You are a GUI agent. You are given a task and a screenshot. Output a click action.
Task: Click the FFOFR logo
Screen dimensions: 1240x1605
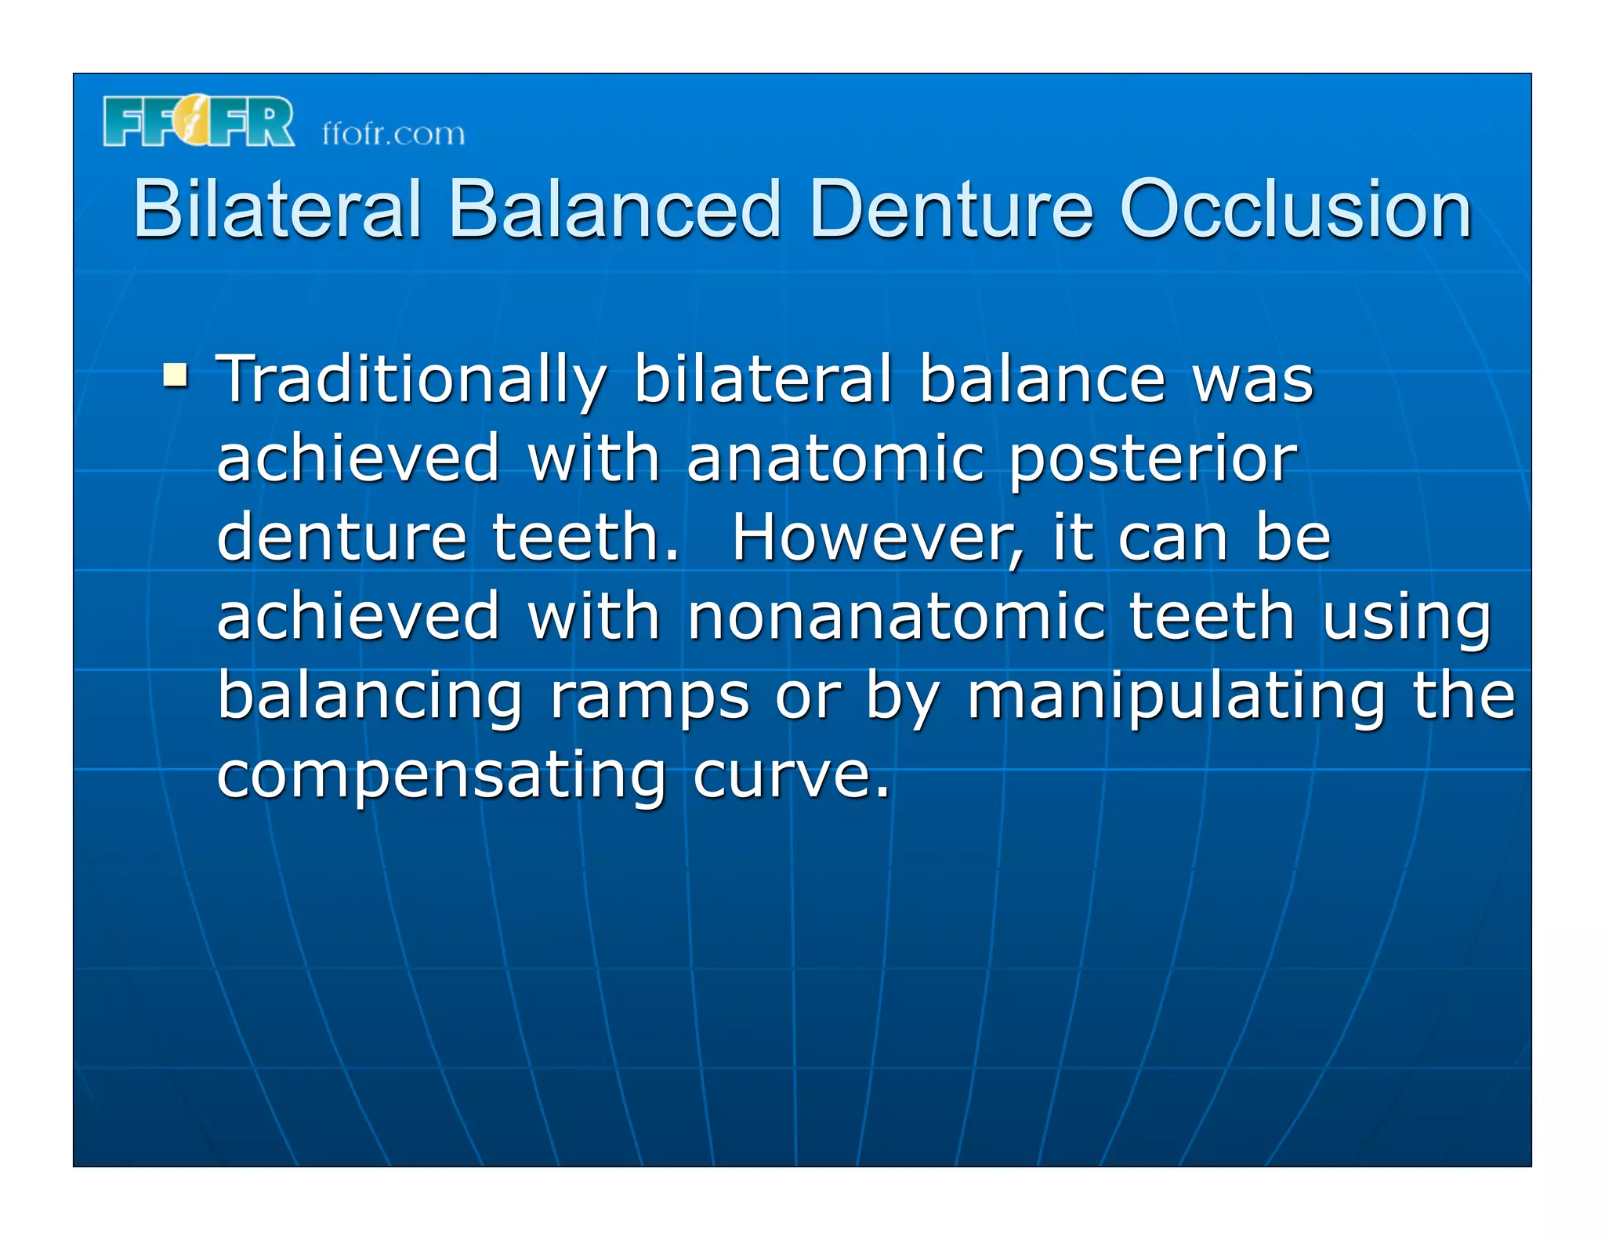click(x=198, y=121)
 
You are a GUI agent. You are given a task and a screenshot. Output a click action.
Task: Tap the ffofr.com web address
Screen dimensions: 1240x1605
click(x=393, y=134)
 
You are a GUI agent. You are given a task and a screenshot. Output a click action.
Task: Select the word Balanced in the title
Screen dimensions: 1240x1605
click(x=614, y=208)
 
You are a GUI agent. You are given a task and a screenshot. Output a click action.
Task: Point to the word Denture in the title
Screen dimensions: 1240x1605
click(x=951, y=208)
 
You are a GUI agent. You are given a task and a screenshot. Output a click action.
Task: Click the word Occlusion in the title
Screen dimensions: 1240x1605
click(x=1295, y=208)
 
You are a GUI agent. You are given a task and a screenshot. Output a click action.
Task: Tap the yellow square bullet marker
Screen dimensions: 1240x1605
click(x=175, y=375)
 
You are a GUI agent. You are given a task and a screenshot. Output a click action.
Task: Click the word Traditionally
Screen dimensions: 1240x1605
click(x=411, y=380)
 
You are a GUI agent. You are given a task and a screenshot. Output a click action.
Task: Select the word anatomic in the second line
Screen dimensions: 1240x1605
click(x=835, y=459)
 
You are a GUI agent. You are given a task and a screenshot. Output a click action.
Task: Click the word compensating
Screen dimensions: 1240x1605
click(x=441, y=776)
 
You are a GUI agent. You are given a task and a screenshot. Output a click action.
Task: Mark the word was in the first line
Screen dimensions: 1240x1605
click(x=1252, y=380)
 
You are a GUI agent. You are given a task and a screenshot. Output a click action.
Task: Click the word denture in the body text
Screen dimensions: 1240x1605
click(x=342, y=539)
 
